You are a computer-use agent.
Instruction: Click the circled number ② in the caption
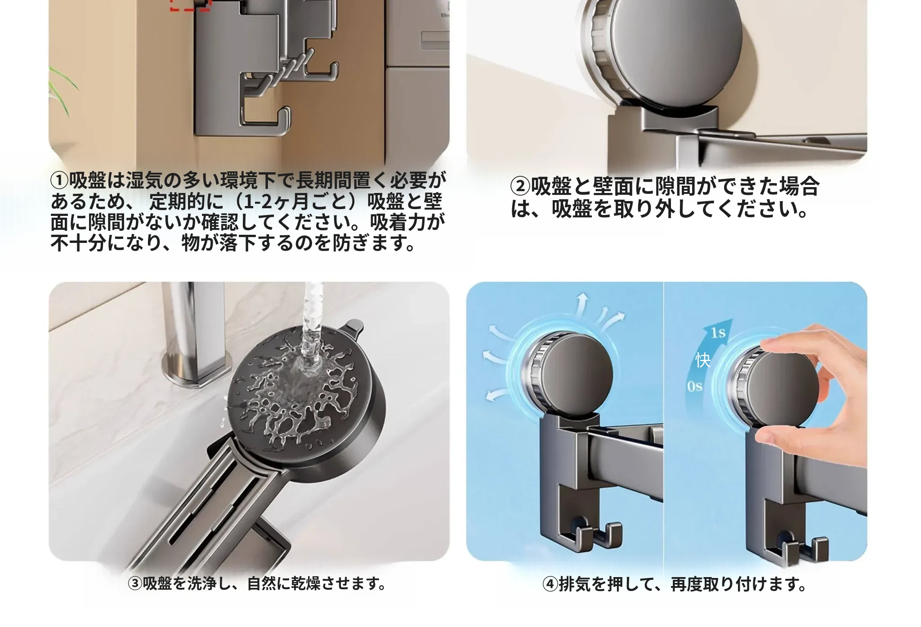(520, 187)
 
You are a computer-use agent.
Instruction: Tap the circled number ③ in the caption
(135, 584)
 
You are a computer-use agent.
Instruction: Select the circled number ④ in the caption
(550, 584)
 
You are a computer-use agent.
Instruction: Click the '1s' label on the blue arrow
(718, 333)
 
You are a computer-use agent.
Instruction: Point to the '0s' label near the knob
(695, 386)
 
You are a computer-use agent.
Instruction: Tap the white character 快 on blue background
(703, 360)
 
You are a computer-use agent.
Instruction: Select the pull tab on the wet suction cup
(352, 329)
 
